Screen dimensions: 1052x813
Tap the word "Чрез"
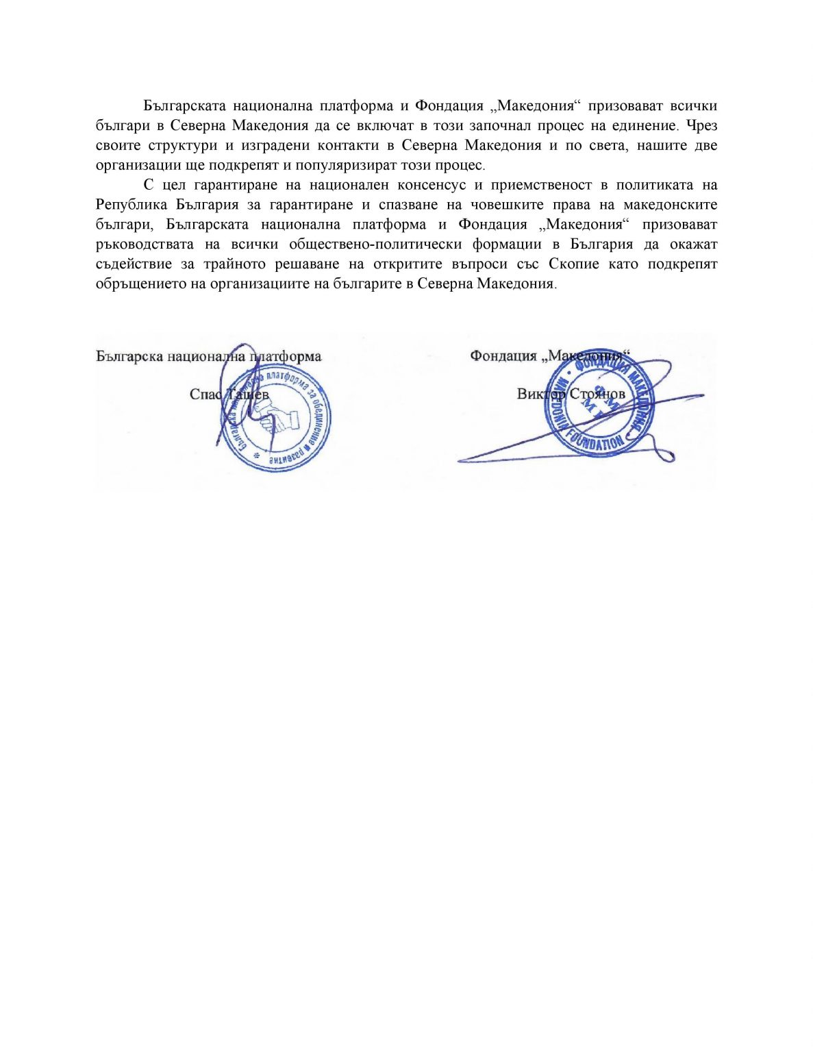(x=701, y=126)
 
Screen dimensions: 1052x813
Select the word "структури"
(x=182, y=146)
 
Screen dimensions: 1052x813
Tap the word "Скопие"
(x=573, y=265)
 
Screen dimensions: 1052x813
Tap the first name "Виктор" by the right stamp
(x=541, y=394)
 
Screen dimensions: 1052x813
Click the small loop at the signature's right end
(x=664, y=454)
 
